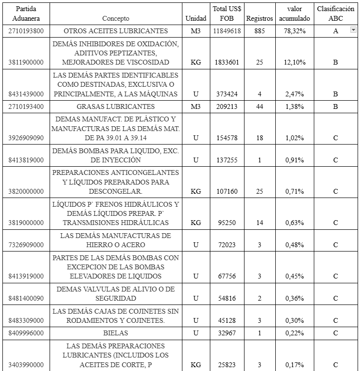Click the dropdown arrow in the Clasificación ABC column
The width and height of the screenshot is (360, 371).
pos(353,30)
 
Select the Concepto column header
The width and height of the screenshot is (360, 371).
pos(116,18)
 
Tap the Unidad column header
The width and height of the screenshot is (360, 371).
pos(195,18)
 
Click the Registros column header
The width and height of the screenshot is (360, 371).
pos(259,18)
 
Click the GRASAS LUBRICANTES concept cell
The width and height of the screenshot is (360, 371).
pos(116,106)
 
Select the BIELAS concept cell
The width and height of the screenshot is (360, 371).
pos(116,333)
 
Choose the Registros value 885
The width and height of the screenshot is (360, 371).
pos(259,31)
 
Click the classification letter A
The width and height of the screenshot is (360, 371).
pos(335,31)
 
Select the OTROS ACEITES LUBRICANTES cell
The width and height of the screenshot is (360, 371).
pos(116,31)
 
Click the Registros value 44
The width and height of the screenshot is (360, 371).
pos(259,106)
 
